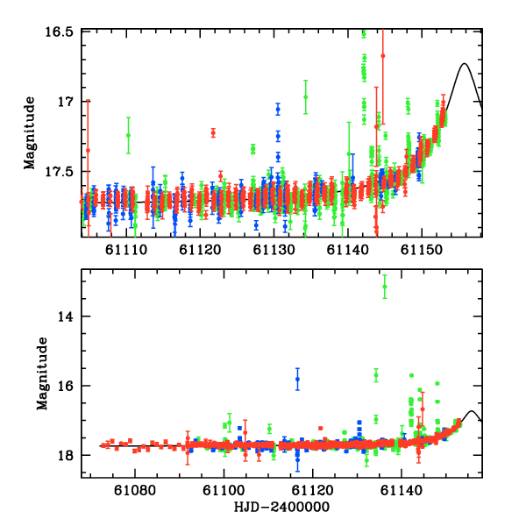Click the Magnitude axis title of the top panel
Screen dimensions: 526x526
(29, 131)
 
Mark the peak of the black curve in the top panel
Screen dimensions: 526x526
(466, 63)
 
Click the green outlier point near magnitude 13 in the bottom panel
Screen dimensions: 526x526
(385, 287)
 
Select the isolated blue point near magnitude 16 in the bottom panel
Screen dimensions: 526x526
(297, 379)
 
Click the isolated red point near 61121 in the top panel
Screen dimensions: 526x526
(213, 132)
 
